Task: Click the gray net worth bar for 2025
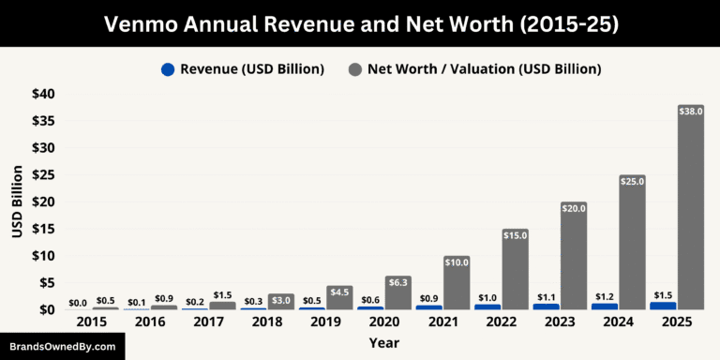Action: (690, 211)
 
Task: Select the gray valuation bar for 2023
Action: (574, 258)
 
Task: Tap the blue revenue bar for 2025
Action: (663, 306)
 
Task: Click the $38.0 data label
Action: (690, 112)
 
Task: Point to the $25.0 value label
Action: (632, 181)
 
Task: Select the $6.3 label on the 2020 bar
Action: (398, 281)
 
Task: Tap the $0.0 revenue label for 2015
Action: (79, 303)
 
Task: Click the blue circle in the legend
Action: (168, 69)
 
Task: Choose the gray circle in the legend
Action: (355, 69)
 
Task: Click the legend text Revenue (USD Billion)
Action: (252, 69)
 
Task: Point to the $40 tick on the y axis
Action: (43, 94)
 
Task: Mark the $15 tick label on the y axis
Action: (43, 229)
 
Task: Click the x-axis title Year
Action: (383, 343)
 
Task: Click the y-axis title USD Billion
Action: (17, 202)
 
